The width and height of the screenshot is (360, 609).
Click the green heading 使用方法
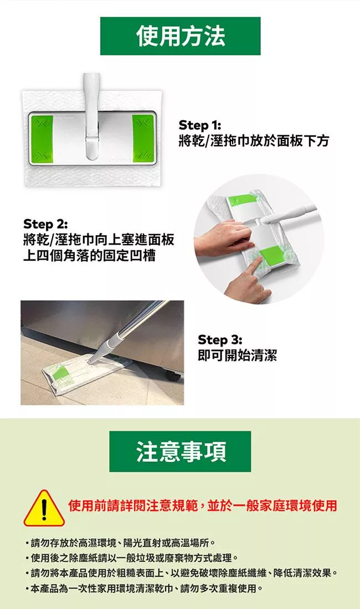pos(180,36)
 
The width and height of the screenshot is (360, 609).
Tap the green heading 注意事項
pos(180,451)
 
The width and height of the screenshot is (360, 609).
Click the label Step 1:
pos(199,125)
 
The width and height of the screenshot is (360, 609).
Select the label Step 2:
pos(45,224)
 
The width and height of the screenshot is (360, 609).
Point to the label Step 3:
pos(220,340)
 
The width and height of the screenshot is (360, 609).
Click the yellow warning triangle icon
pos(44,508)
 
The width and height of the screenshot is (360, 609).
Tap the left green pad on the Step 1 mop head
pos(42,138)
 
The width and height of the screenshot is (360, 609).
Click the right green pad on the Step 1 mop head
pos(143,138)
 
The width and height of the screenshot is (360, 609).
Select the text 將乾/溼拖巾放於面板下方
pos(254,140)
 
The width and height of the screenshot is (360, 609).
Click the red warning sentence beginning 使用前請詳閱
pos(202,505)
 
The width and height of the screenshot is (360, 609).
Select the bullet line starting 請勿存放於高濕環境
pos(121,542)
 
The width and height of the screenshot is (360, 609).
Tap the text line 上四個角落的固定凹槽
pos(90,256)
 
